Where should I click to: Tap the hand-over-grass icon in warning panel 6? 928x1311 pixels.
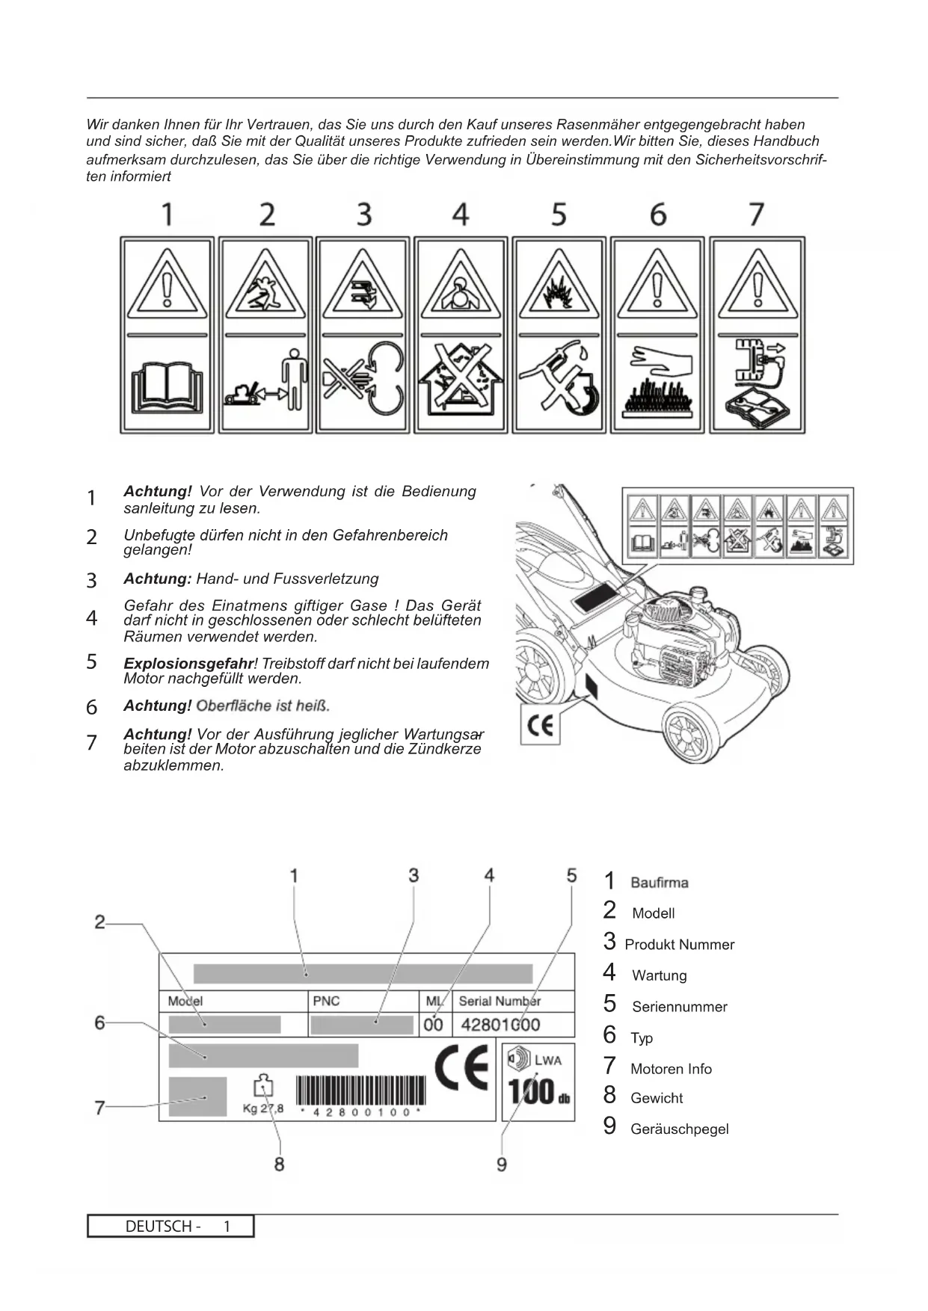pos(657,383)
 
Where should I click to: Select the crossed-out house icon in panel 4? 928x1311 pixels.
pos(461,383)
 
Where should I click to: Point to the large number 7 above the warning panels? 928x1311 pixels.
pos(757,215)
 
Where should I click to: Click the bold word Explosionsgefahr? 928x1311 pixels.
pos(188,664)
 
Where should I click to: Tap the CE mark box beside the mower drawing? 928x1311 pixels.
pos(540,727)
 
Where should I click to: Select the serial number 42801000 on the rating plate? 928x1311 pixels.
pos(500,1025)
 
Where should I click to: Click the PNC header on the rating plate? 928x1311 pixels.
pos(326,1001)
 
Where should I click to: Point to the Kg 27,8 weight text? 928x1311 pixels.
pos(263,1108)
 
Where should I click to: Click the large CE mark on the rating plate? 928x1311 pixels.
pos(462,1068)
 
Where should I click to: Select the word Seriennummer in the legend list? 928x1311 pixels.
pos(679,1007)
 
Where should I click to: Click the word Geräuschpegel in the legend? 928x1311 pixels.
pos(679,1129)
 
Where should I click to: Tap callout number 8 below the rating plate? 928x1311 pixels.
pos(279,1165)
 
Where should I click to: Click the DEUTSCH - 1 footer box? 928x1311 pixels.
pos(170,1227)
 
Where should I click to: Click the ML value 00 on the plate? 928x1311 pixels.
pos(433,1025)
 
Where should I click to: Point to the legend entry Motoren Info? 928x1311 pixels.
pos(671,1070)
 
